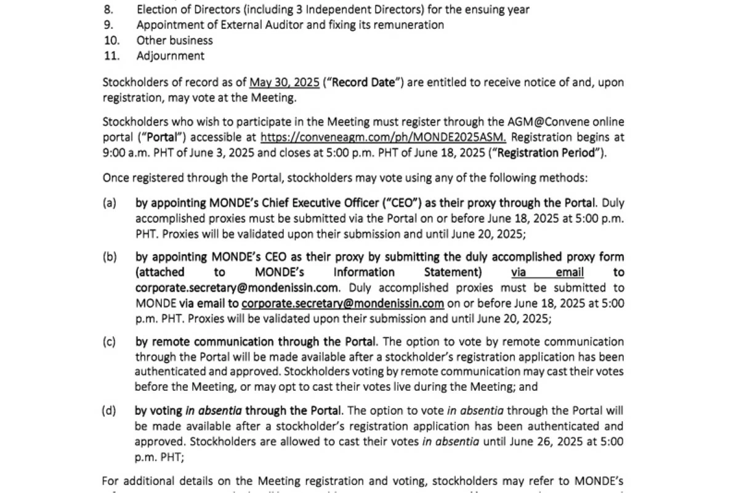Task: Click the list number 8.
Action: tap(108, 10)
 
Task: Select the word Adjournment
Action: tap(171, 56)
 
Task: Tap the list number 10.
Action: tap(111, 41)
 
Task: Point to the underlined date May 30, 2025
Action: tap(285, 82)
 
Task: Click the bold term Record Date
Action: tap(364, 82)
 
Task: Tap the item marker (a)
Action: tap(109, 203)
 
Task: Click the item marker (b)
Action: tap(109, 257)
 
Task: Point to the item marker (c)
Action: tap(109, 342)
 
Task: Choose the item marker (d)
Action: tap(109, 411)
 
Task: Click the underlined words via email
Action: tap(547, 273)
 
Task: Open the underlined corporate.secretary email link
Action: tap(342, 303)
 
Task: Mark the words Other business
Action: tap(174, 41)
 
